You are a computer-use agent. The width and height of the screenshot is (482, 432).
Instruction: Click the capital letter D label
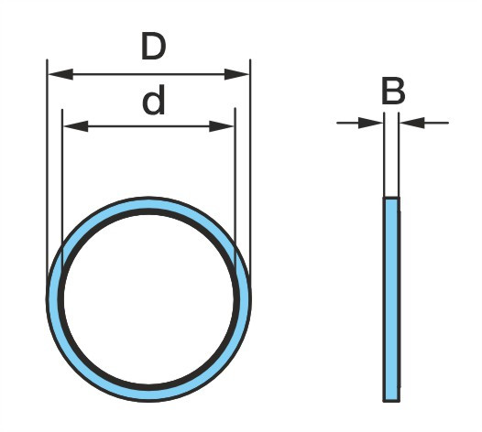(x=153, y=47)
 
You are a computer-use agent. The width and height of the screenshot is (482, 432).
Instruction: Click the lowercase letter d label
(x=153, y=100)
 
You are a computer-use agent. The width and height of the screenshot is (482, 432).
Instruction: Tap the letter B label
(x=393, y=91)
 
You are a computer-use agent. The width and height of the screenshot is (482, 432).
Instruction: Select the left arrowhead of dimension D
(x=60, y=74)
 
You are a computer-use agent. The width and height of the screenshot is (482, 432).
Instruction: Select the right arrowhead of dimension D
(x=236, y=74)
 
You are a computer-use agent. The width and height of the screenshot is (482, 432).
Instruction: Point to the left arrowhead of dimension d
(x=76, y=126)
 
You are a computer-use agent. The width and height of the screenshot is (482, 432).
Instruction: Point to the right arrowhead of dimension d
(x=222, y=126)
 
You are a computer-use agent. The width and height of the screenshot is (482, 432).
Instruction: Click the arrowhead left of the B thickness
(x=371, y=123)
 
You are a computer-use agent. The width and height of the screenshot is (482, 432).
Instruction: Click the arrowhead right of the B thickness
(x=412, y=123)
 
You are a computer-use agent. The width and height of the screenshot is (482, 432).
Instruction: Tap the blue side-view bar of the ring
(x=391, y=299)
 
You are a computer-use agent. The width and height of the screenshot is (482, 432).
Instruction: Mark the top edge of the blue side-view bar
(x=391, y=198)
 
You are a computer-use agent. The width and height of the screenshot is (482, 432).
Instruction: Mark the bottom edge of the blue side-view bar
(x=391, y=401)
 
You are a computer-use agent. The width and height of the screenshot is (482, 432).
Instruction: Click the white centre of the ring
(x=148, y=299)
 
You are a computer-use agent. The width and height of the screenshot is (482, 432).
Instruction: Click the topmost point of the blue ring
(x=148, y=198)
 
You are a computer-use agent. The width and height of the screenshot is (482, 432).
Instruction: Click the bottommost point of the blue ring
(x=148, y=401)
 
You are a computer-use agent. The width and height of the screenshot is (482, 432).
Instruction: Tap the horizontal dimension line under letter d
(x=148, y=126)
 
